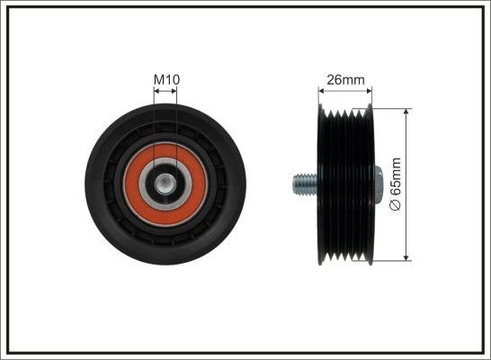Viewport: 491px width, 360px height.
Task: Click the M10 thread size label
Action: [x=166, y=79]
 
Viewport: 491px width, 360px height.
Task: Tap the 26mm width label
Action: [x=345, y=79]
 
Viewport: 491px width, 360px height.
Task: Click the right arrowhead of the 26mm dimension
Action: [x=368, y=90]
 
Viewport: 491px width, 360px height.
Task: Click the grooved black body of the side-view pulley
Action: [x=345, y=184]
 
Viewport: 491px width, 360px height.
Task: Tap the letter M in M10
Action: [x=158, y=79]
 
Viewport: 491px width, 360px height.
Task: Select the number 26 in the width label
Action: [x=334, y=79]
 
